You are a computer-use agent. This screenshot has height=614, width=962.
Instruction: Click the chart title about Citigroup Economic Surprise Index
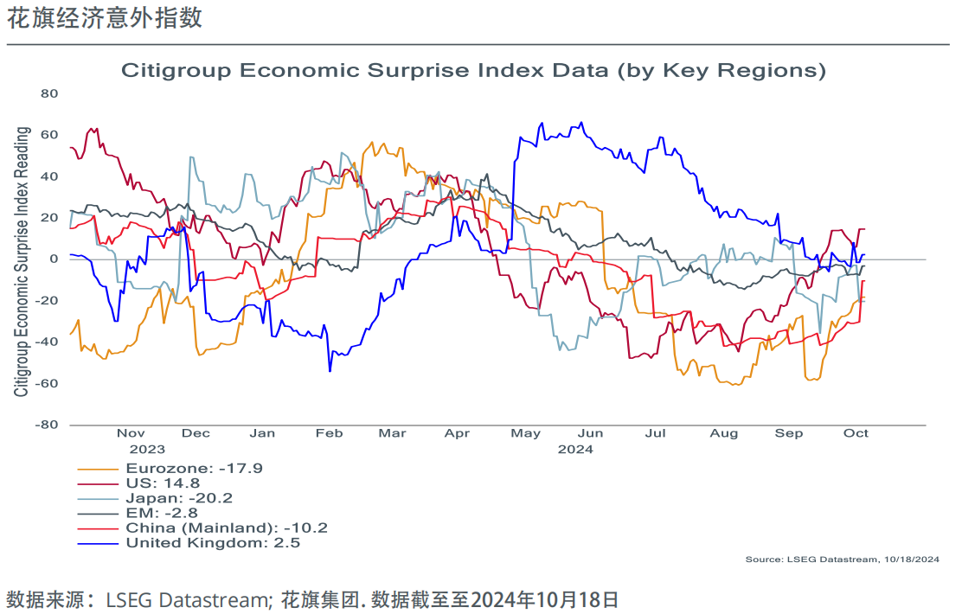click(x=473, y=70)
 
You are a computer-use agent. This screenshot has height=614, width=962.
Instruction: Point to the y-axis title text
click(x=22, y=261)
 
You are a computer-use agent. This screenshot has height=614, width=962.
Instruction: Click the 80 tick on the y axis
click(x=48, y=93)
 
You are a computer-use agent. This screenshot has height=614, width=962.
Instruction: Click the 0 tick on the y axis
click(x=53, y=259)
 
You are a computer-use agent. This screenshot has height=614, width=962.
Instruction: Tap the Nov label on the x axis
click(x=131, y=433)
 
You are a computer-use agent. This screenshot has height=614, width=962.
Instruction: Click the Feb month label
click(x=329, y=433)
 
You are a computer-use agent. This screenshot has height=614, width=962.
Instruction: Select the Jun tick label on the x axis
click(x=590, y=433)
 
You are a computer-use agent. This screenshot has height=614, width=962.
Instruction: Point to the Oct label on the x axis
click(x=856, y=433)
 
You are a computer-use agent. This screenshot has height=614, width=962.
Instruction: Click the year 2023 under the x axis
click(x=147, y=450)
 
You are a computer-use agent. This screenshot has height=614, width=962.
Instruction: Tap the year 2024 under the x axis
click(x=575, y=450)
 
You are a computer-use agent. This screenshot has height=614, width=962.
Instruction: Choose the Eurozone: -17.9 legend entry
click(x=194, y=469)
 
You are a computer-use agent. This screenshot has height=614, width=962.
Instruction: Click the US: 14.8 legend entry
click(x=163, y=483)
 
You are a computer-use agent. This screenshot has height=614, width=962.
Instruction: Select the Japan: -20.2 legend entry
click(x=179, y=498)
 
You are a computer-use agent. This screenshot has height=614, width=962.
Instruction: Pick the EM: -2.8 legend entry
click(x=161, y=513)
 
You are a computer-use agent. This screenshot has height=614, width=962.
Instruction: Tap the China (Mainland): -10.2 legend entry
click(x=227, y=528)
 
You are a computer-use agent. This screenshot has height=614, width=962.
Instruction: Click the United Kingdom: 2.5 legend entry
click(x=213, y=542)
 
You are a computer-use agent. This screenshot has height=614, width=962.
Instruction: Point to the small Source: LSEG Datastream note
click(x=842, y=560)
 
